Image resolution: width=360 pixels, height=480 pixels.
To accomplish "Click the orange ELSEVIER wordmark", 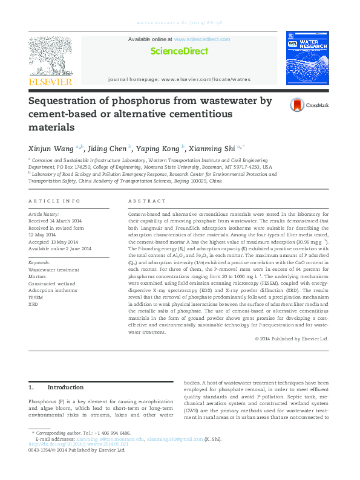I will click(x=50, y=82).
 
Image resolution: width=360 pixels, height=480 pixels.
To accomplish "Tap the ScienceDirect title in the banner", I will click(x=179, y=51).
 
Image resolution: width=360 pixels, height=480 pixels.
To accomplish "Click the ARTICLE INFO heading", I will click(x=54, y=201).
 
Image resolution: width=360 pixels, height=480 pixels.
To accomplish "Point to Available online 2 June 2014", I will click(x=60, y=248).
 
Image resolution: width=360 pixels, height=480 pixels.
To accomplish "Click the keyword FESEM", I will click(x=36, y=297).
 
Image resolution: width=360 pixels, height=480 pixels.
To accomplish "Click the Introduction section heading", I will click(x=65, y=387).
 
